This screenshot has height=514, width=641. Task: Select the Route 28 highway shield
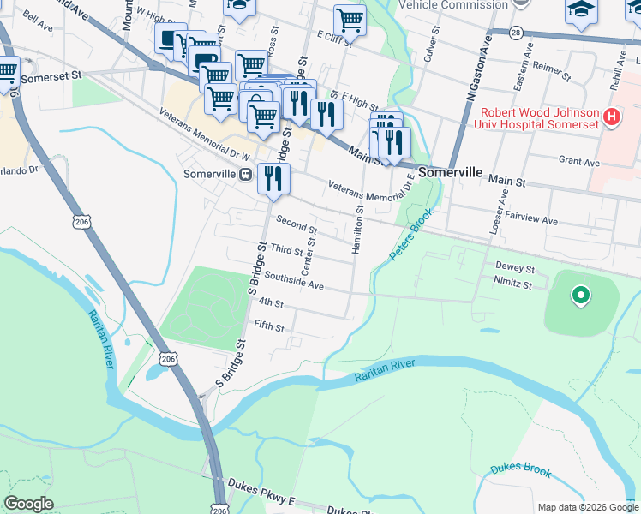515,32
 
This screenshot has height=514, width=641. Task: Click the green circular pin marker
581,296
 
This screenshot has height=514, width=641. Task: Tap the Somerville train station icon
246,174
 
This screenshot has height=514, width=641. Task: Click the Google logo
28,504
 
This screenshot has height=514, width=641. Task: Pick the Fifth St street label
268,326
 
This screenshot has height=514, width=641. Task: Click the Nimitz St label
514,284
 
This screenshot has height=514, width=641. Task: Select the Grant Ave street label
578,161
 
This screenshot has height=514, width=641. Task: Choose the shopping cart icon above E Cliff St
350,19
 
